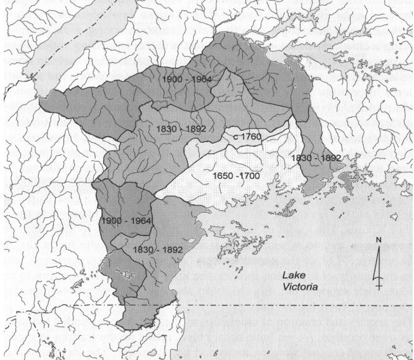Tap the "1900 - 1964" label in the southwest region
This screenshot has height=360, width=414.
click(126, 221)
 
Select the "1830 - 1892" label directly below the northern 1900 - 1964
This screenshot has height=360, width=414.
click(179, 129)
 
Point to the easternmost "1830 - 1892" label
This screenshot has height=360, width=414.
click(316, 157)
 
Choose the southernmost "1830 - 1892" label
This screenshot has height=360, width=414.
click(157, 250)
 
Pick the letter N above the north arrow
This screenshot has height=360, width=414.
click(377, 240)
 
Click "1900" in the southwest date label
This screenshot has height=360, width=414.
click(111, 221)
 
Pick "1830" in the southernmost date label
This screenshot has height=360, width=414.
click(143, 250)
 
